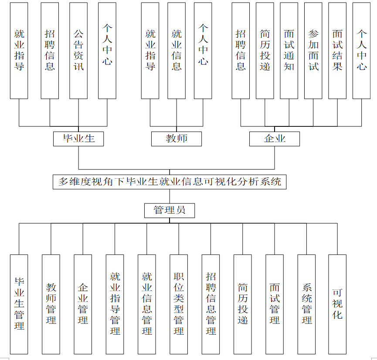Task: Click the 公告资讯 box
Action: [x=78, y=51]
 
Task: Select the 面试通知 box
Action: [x=289, y=51]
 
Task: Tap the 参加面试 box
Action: [x=313, y=51]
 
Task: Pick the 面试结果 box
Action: [x=337, y=51]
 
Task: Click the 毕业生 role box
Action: [x=79, y=139]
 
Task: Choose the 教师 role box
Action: [x=177, y=139]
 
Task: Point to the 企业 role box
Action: [x=275, y=139]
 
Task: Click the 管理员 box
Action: [x=170, y=211]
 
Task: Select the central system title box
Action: [x=170, y=181]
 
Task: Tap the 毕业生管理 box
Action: [x=19, y=304]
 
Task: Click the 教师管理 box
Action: [x=51, y=304]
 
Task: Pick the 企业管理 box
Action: [x=83, y=304]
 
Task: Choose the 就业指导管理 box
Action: [x=115, y=304]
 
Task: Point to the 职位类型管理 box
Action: [x=179, y=304]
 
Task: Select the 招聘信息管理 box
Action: [x=211, y=304]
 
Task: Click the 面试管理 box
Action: [x=275, y=304]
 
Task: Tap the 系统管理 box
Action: [x=306, y=304]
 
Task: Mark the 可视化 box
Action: [x=337, y=304]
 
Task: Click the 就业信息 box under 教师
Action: [x=177, y=51]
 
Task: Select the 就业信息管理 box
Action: [x=147, y=304]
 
